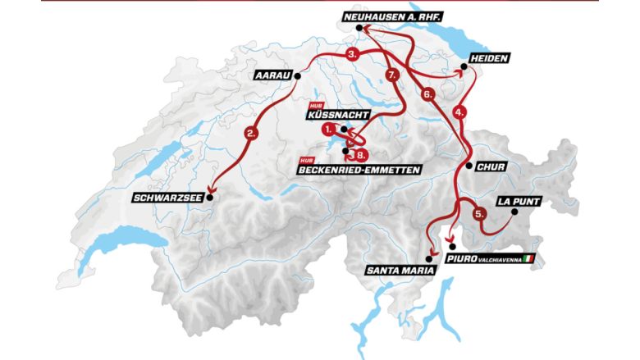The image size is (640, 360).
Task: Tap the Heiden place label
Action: (x=491, y=59)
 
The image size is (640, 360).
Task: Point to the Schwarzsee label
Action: (x=169, y=197)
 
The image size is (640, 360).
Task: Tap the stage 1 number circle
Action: (x=329, y=130)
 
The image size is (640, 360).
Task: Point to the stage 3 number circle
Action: (x=353, y=55)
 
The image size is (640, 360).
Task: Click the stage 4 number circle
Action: (x=460, y=110)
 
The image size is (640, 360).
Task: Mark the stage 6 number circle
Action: (x=427, y=94)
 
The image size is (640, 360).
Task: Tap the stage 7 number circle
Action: (x=392, y=75)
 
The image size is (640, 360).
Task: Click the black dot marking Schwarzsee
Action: (x=211, y=197)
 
